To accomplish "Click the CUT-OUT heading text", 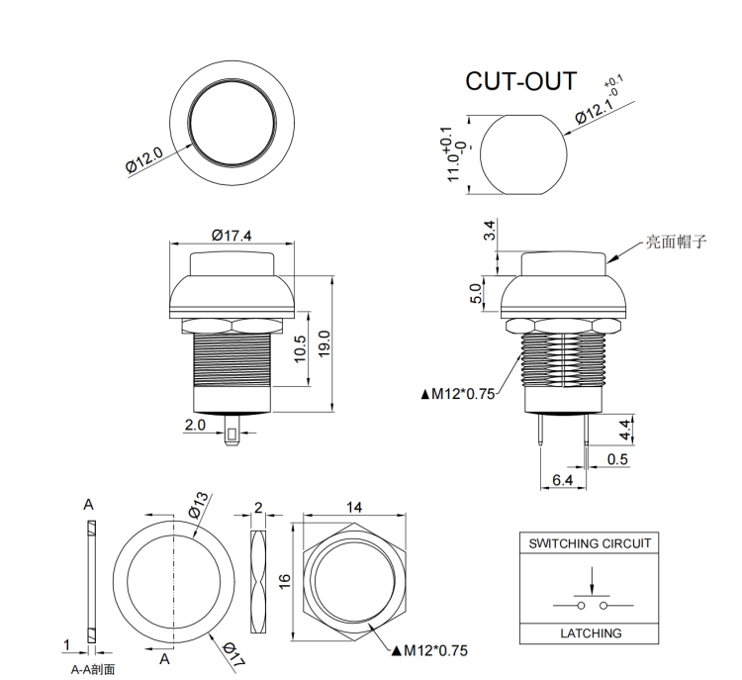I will click(x=520, y=81).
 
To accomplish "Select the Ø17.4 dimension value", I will click(x=232, y=235).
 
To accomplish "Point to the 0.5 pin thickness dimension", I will click(x=618, y=459).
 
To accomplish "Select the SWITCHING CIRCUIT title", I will click(x=590, y=542).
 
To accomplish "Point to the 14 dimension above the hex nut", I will click(x=353, y=507).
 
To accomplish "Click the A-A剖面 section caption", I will click(x=93, y=669).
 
